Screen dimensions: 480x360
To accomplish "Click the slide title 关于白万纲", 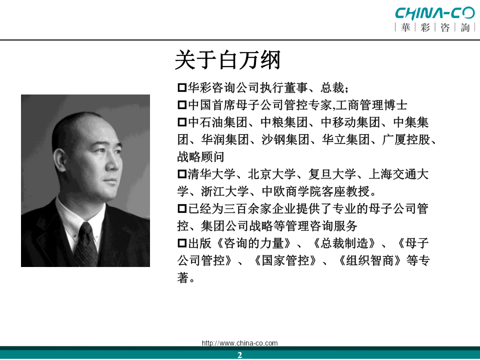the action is (x=227, y=60).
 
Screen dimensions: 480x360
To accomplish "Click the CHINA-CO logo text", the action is (x=435, y=13).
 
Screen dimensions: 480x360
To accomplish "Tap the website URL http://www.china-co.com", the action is (x=239, y=343).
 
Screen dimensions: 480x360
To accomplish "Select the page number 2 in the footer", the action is (x=239, y=355).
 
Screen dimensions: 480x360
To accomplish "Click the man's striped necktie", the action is (x=86, y=245).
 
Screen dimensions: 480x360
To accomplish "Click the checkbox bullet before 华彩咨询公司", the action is (x=182, y=88).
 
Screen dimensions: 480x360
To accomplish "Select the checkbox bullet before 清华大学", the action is (x=182, y=174).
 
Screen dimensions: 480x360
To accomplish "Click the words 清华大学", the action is (x=211, y=174).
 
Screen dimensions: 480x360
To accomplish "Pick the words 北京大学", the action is (x=271, y=174).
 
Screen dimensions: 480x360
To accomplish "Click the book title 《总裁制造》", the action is (x=343, y=243).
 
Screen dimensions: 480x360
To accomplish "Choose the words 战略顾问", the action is (x=201, y=156).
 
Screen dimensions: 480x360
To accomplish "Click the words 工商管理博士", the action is (x=371, y=105).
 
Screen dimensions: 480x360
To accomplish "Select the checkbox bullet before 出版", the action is (x=182, y=243).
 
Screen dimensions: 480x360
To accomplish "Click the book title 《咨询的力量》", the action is (x=253, y=243).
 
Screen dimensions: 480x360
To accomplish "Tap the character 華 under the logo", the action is (x=405, y=27).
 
